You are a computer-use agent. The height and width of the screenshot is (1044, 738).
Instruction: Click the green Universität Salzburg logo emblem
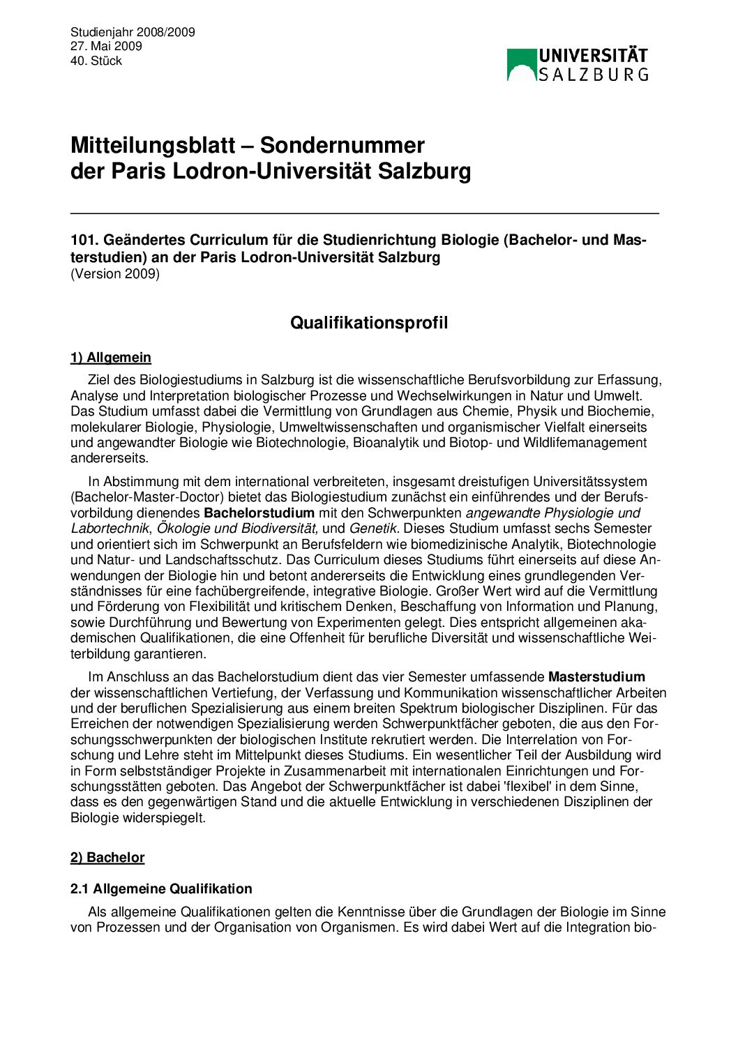(x=521, y=65)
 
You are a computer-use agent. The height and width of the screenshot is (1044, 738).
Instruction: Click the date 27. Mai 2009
(x=106, y=46)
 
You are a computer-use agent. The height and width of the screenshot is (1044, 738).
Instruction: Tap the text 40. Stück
(x=96, y=61)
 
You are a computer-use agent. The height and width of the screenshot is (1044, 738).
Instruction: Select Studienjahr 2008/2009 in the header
(x=133, y=32)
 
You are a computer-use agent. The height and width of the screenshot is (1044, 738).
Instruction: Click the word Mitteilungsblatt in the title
(x=153, y=145)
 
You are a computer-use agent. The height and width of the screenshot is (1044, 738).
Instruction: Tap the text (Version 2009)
(x=115, y=274)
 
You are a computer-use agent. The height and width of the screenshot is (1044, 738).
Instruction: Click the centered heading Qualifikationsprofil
(x=369, y=323)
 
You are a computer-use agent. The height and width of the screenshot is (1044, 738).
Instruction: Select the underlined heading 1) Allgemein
(x=111, y=358)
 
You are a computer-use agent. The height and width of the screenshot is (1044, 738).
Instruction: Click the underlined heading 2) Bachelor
(x=107, y=858)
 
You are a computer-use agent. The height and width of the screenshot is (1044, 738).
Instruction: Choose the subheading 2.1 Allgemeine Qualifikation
(x=161, y=889)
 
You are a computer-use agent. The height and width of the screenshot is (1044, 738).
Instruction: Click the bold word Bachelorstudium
(x=259, y=513)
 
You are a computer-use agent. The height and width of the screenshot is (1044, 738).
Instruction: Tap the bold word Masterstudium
(x=596, y=677)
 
